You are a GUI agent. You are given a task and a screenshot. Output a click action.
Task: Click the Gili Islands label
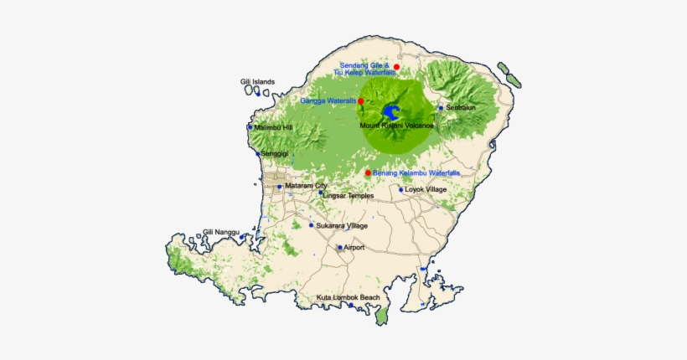point(257,82)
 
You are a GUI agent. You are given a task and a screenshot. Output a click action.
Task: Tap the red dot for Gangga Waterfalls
point(361,101)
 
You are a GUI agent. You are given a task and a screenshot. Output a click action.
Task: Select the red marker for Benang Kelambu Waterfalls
point(368,172)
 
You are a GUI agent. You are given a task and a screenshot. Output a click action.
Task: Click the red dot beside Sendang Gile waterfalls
point(397,66)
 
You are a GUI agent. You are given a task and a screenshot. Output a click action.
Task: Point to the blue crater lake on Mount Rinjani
point(390,111)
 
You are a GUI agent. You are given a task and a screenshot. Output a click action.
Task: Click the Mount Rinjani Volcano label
point(396,126)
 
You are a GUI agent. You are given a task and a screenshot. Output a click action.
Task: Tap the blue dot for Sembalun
point(441,108)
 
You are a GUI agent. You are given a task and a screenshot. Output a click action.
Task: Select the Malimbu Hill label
point(273,127)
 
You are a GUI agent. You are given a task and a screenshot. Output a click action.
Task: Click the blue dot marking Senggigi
point(258,154)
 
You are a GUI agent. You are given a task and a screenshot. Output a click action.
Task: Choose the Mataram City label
point(306,185)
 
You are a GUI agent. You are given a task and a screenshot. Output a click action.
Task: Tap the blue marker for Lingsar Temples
point(320,193)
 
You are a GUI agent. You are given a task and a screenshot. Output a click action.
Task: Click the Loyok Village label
point(426,189)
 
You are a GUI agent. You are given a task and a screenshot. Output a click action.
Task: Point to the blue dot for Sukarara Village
point(312,225)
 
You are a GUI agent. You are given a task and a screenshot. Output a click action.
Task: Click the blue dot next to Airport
point(339,248)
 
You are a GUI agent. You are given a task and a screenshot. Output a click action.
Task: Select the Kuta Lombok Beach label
point(348,297)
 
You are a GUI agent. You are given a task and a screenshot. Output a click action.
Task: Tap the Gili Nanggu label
point(221,232)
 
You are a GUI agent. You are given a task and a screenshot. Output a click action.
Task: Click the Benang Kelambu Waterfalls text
point(416,173)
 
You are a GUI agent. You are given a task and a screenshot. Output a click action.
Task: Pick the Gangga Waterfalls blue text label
point(328,101)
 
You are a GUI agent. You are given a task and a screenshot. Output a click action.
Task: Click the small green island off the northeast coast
point(508,75)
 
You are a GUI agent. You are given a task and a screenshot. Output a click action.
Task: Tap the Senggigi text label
point(275,155)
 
